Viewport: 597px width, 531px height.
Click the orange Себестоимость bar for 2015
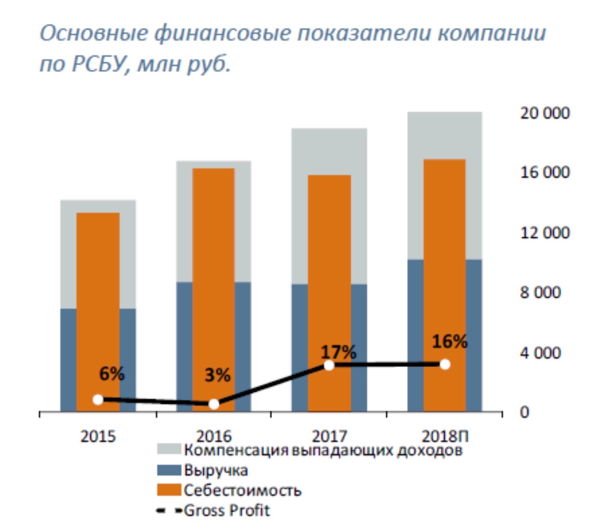pyautogui.click(x=98, y=288)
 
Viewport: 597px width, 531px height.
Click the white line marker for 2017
pyautogui.click(x=329, y=365)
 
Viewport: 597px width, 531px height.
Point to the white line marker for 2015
pyautogui.click(x=98, y=399)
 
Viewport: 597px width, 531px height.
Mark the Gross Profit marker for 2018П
pyautogui.click(x=445, y=364)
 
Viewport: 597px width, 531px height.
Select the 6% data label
pyautogui.click(x=112, y=373)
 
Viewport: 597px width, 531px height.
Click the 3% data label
pyautogui.click(x=217, y=375)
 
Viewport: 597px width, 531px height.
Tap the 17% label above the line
pyautogui.click(x=338, y=352)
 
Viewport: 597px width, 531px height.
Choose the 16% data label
pyautogui.click(x=449, y=342)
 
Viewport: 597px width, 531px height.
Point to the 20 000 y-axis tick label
pyautogui.click(x=545, y=113)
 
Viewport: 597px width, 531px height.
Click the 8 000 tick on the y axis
pyautogui.click(x=540, y=292)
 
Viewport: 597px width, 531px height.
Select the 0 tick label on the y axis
pyautogui.click(x=524, y=412)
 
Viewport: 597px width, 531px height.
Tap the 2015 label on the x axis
pyautogui.click(x=98, y=436)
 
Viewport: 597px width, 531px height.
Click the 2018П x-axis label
pyautogui.click(x=445, y=436)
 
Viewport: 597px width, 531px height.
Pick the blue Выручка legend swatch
pyautogui.click(x=169, y=470)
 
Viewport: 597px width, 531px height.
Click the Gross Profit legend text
pyautogui.click(x=227, y=510)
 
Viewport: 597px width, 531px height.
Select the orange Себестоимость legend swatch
pyautogui.click(x=169, y=490)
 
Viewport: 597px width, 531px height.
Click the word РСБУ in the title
pyautogui.click(x=99, y=63)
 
